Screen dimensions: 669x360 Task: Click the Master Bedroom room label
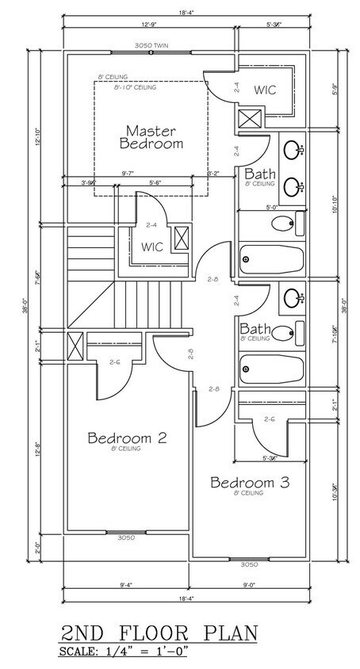point(151,136)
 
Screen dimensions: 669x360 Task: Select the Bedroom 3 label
point(249,482)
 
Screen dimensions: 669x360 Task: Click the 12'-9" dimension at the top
point(149,25)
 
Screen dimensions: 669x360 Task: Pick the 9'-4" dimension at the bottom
point(125,585)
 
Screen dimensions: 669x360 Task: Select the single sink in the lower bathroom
point(293,299)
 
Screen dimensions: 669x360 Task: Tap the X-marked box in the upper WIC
point(247,118)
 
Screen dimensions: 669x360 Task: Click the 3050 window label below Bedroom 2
point(126,537)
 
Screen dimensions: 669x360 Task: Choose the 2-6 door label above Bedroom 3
point(269,419)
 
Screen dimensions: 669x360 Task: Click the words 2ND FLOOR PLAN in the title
point(159,633)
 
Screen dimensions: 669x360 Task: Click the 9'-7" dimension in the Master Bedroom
point(127,172)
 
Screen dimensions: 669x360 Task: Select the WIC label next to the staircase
point(152,247)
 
